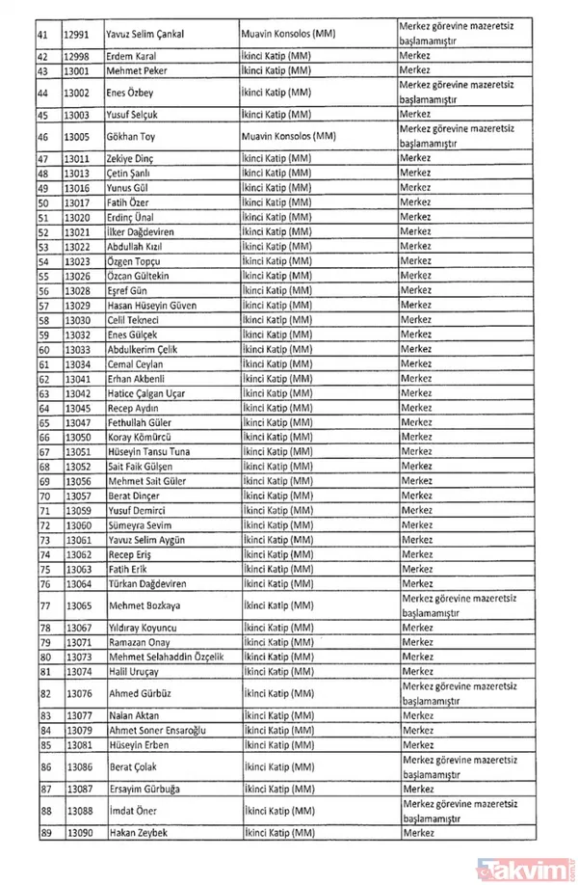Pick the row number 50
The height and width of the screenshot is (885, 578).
point(44,203)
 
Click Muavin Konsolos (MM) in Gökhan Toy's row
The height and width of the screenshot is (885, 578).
point(288,136)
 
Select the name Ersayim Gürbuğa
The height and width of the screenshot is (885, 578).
point(146,787)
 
